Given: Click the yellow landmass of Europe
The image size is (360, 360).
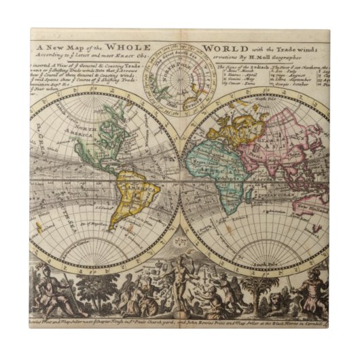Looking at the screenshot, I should [x=238, y=126].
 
